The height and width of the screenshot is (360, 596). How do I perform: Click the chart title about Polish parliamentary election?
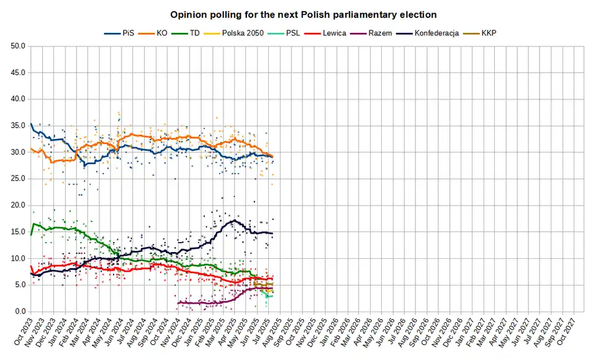304,14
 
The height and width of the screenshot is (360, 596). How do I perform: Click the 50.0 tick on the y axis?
17,46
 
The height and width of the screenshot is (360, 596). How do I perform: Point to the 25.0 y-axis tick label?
17,179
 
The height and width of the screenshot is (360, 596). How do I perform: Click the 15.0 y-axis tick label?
17,232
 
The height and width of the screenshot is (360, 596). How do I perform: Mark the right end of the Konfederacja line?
273,233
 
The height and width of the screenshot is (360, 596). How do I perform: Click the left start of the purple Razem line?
178,303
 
